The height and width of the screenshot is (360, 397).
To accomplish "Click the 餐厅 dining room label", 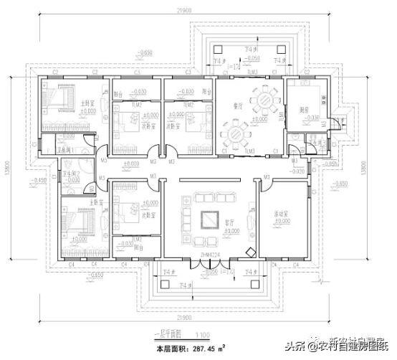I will (x=239, y=102).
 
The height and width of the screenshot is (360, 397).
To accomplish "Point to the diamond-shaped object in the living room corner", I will (x=249, y=252).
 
